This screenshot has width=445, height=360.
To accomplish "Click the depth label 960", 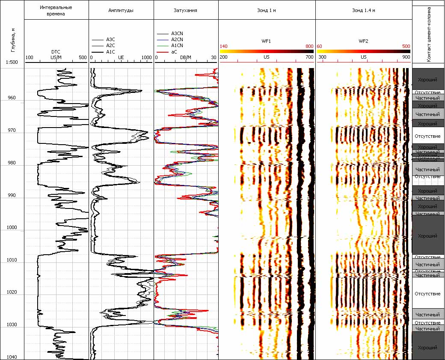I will click(x=12, y=98).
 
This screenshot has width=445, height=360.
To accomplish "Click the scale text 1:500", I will click(x=12, y=62).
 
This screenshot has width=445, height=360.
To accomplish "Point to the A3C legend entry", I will click(x=110, y=39).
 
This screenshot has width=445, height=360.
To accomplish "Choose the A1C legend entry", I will click(x=110, y=51).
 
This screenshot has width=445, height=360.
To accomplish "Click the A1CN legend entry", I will click(x=177, y=45).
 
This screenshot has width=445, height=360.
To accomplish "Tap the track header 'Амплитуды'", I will click(x=121, y=10).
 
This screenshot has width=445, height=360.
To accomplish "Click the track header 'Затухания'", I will click(x=186, y=10).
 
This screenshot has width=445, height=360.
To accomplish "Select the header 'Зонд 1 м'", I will click(x=266, y=10).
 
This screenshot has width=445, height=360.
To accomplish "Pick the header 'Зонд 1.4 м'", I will click(x=363, y=10).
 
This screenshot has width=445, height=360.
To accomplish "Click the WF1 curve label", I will click(x=266, y=42).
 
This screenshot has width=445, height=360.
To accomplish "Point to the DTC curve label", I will click(x=56, y=52).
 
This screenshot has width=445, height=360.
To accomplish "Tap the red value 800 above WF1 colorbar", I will click(x=309, y=46).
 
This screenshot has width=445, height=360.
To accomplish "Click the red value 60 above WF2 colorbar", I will click(x=320, y=46).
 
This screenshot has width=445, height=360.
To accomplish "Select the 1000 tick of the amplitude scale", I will click(x=146, y=57).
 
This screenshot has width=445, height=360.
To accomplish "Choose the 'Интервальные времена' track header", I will click(x=56, y=11).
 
